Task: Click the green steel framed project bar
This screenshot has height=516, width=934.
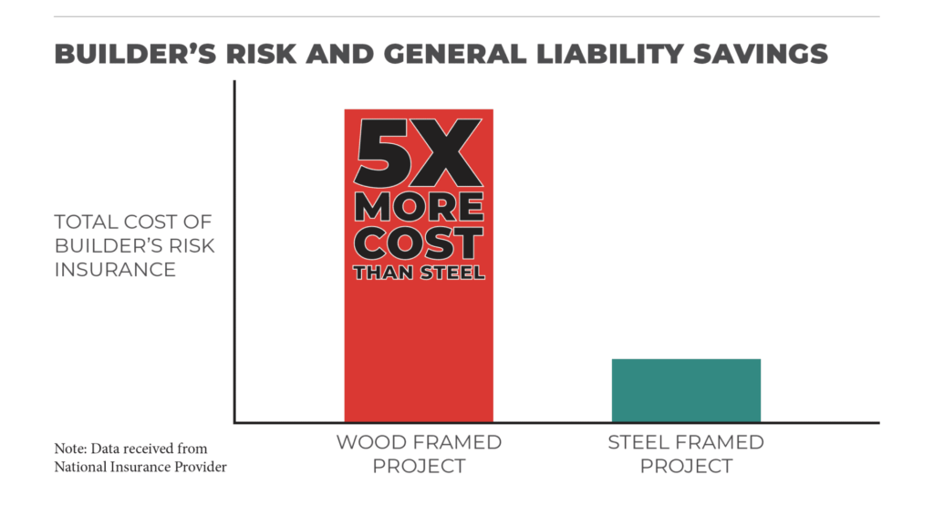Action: tap(686, 390)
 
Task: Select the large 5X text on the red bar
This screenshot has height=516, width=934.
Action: tap(419, 155)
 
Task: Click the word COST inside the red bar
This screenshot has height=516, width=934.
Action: tap(419, 243)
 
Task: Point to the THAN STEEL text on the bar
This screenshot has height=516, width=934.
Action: tap(419, 272)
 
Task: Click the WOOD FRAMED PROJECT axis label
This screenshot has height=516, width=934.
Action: tap(419, 454)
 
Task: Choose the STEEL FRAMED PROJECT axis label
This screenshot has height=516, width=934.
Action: tap(686, 454)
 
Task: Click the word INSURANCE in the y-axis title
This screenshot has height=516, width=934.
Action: tap(115, 270)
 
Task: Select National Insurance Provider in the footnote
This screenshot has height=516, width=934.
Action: tap(140, 468)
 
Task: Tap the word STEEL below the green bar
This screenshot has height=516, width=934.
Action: tap(638, 442)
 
